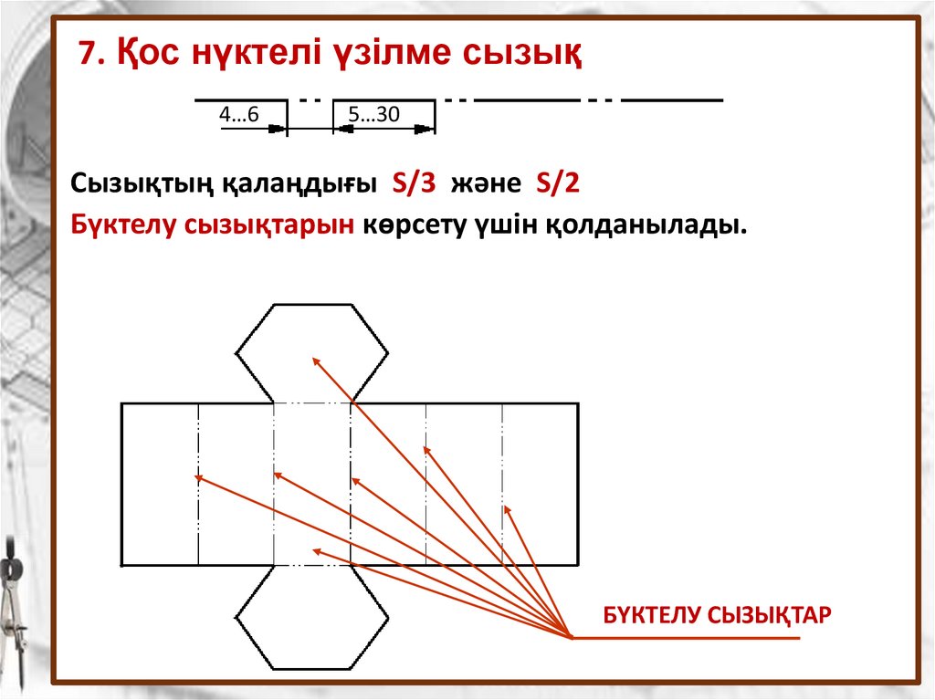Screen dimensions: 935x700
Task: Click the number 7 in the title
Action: coord(85,55)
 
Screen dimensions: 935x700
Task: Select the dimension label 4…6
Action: coord(239,114)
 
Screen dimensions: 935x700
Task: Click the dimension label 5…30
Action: coord(374,114)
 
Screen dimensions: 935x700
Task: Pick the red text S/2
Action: coord(557,182)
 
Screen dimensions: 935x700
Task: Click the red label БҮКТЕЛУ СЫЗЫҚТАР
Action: coord(717,614)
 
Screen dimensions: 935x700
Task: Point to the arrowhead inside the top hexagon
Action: coord(316,360)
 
